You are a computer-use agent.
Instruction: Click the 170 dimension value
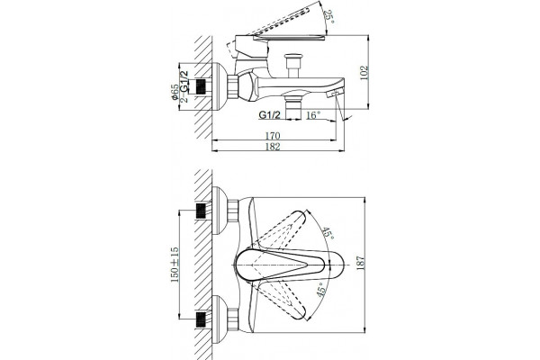coord(273,136)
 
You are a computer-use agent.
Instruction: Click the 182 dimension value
coord(273,147)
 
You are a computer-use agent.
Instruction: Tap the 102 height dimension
coord(364,73)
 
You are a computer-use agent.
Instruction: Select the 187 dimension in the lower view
coord(360,263)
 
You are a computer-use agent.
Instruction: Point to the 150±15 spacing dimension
coord(175,265)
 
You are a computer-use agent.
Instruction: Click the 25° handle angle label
coord(329,16)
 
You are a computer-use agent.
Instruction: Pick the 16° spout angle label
coord(313,115)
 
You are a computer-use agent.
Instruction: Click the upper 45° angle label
coord(328,234)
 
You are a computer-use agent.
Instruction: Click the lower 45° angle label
coord(320,289)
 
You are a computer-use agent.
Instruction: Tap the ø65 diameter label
coord(175,93)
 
